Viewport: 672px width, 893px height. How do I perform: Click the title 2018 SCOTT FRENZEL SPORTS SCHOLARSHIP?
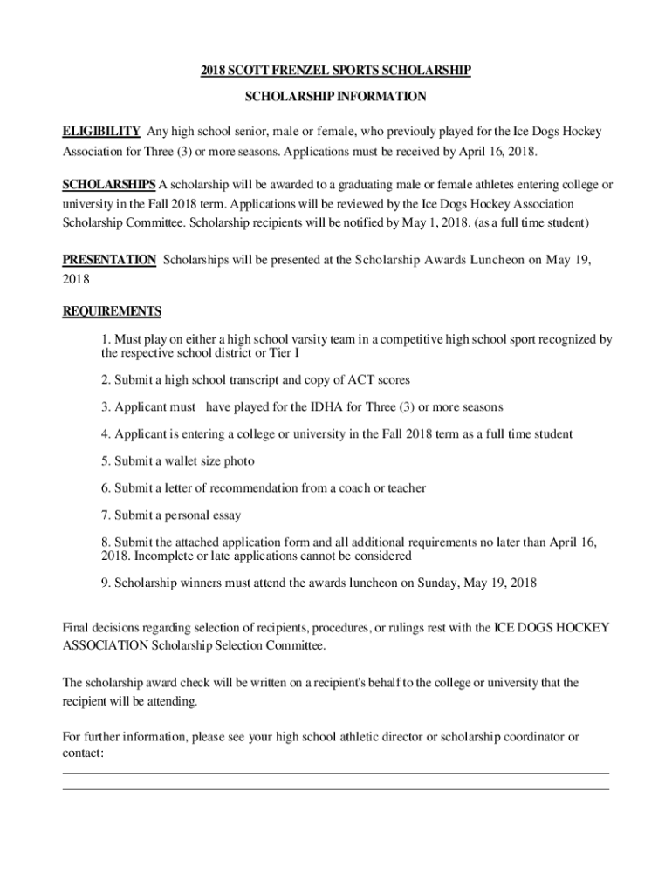pyautogui.click(x=336, y=70)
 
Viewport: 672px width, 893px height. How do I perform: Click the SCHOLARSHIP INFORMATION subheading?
pyautogui.click(x=336, y=97)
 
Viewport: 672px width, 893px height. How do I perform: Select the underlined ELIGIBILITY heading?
pyautogui.click(x=101, y=132)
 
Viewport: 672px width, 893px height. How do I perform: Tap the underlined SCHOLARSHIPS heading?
pyautogui.click(x=109, y=185)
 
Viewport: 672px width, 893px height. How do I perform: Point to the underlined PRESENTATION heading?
pyautogui.click(x=109, y=260)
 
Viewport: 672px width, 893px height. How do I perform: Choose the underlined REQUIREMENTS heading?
pyautogui.click(x=112, y=311)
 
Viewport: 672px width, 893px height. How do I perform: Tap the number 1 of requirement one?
pyautogui.click(x=105, y=339)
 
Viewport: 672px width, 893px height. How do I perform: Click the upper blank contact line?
pyautogui.click(x=336, y=773)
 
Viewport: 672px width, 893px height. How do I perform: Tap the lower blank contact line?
pyautogui.click(x=336, y=789)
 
